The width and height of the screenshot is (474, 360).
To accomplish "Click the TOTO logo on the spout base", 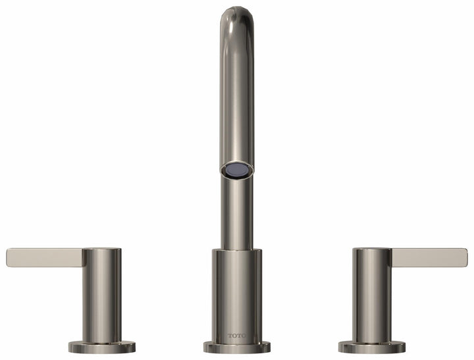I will pyautogui.click(x=236, y=335).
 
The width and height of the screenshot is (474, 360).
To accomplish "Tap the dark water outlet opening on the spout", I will pyautogui.click(x=236, y=170).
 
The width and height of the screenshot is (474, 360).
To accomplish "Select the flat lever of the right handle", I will pyautogui.click(x=429, y=257).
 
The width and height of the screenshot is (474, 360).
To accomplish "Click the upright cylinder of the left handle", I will pyautogui.click(x=101, y=296).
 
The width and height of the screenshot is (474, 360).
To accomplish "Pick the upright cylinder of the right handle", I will pyautogui.click(x=372, y=296).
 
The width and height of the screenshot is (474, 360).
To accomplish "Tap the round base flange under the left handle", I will pyautogui.click(x=101, y=346).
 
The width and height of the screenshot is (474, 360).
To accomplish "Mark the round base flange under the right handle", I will pyautogui.click(x=372, y=346).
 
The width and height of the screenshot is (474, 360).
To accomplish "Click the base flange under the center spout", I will pyautogui.click(x=236, y=347).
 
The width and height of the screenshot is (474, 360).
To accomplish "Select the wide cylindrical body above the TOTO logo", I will pyautogui.click(x=236, y=290).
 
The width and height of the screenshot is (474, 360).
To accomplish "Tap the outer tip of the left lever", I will pyautogui.click(x=9, y=257).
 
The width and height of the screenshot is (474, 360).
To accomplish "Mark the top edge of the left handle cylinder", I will pyautogui.click(x=101, y=249).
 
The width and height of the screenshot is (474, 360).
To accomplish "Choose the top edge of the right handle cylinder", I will pyautogui.click(x=372, y=249).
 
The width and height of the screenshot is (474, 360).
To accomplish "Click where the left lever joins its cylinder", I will pyautogui.click(x=83, y=258).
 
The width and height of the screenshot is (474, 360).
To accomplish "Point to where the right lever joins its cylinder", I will pyautogui.click(x=391, y=258).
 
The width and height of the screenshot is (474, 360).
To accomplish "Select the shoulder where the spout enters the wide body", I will pyautogui.click(x=236, y=251).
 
